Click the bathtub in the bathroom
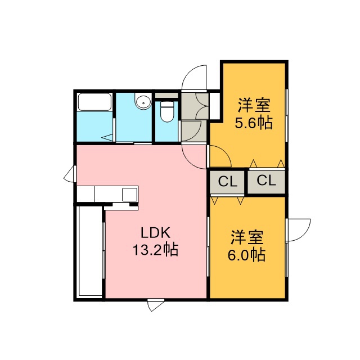[x=94, y=102]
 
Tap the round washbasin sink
[x=143, y=102]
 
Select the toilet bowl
[x=166, y=111]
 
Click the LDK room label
[x=156, y=233]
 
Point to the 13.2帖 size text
[x=156, y=250]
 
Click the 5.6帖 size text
[x=253, y=123]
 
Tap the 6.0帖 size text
[x=246, y=254]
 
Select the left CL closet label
[x=227, y=182]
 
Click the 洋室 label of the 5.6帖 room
[x=254, y=105]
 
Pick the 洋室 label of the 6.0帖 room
[x=247, y=237]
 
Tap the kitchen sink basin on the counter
[x=130, y=194]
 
